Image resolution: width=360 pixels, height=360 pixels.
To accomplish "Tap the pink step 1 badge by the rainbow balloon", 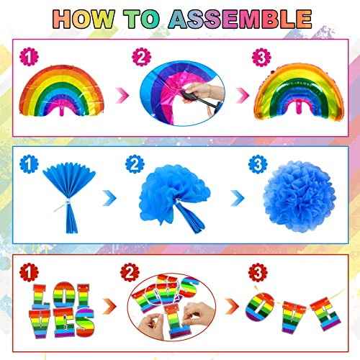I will pos(27,55).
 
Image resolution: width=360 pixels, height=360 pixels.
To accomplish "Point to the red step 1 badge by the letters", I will pos(27,272).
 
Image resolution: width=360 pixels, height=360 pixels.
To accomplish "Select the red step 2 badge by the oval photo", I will pos(129,272).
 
